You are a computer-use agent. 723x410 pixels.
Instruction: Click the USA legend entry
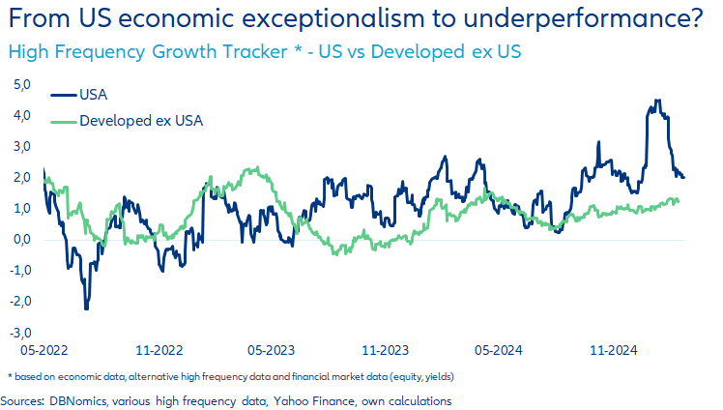[x=93, y=94]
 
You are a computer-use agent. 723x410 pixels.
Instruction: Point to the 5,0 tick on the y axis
[x=21, y=85]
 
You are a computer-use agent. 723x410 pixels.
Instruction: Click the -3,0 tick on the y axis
[x=20, y=332]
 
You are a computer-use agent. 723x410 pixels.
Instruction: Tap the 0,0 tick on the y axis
[x=21, y=240]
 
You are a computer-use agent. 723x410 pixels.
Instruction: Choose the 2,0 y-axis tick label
[x=21, y=178]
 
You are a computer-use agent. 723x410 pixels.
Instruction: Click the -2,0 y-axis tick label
[x=20, y=301]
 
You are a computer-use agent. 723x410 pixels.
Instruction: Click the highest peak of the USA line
[x=656, y=101]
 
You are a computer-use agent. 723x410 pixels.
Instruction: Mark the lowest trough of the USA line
[x=86, y=307]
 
